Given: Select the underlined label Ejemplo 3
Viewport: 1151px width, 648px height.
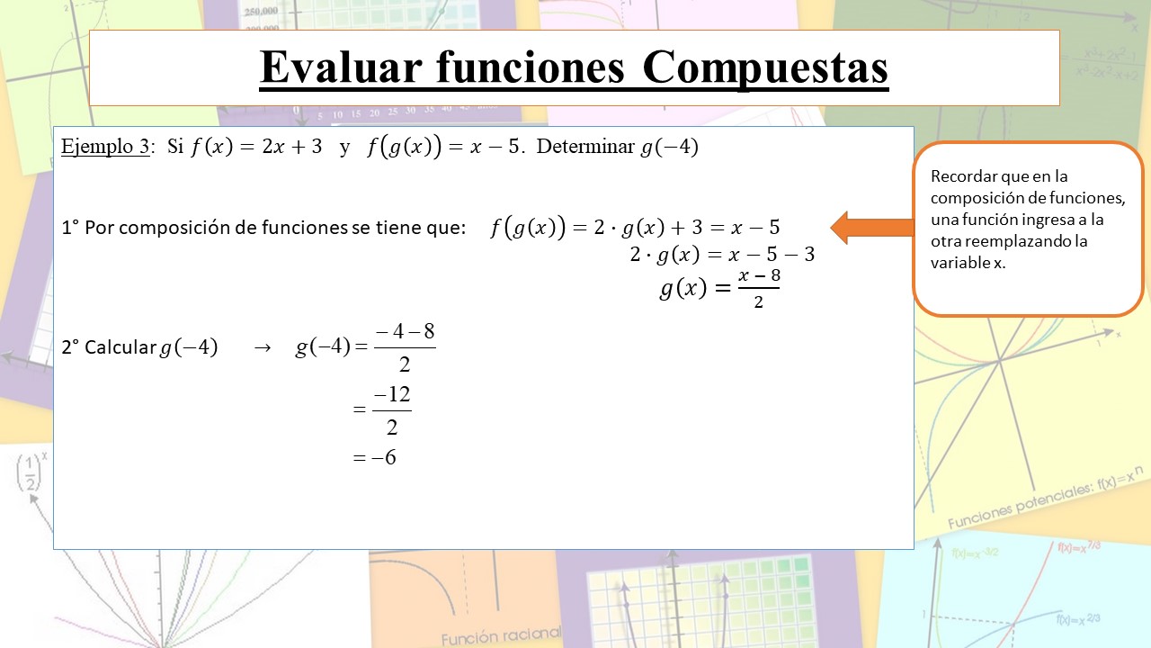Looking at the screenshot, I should tap(104, 148).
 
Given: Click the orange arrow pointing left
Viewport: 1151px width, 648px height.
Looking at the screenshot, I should tap(871, 228).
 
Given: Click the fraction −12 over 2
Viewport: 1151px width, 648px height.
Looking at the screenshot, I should tap(392, 410).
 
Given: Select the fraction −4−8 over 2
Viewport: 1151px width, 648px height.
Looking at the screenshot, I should tap(405, 347).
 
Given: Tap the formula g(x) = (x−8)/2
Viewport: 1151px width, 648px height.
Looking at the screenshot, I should tap(719, 289).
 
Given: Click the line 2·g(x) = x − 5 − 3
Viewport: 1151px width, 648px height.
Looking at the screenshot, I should tap(722, 255).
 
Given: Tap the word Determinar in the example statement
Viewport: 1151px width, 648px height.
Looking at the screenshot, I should tap(585, 148).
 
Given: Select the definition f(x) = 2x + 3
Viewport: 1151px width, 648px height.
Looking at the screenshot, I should tap(256, 148).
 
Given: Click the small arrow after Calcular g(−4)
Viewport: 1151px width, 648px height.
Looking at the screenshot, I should tap(263, 348).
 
